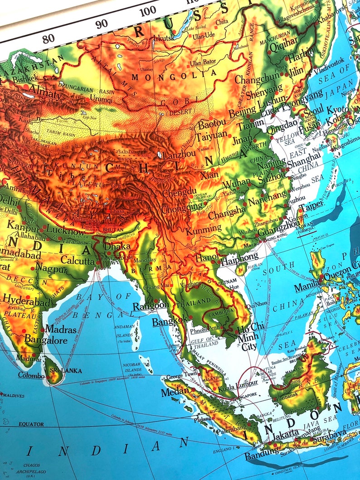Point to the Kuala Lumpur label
[x=238, y=388]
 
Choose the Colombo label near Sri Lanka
[x=31, y=375]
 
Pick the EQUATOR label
[x=31, y=424]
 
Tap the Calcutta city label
[x=78, y=262]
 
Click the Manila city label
[x=307, y=287]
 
